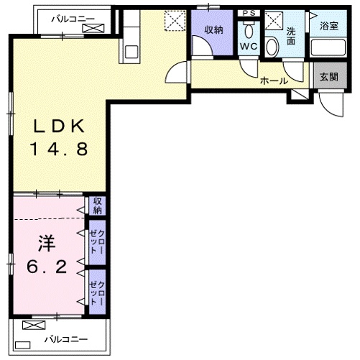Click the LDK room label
[x=59, y=126]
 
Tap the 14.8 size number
[x=59, y=149]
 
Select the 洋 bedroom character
[x=47, y=244]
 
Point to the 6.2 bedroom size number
[x=47, y=267]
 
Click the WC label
[x=249, y=46]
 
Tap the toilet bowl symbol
[x=249, y=30]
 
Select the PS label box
[x=249, y=13]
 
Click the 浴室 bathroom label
[x=329, y=26]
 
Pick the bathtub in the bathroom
[x=328, y=47]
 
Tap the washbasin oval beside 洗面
[x=272, y=47]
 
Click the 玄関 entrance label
[x=329, y=77]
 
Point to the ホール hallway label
[x=274, y=81]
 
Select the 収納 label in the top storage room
[x=213, y=30]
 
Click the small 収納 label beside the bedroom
[x=98, y=206]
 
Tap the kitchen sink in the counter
[x=131, y=52]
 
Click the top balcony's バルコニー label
[x=73, y=19]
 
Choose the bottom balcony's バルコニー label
[x=66, y=339]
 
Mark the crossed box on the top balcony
[x=93, y=28]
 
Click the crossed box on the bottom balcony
[x=34, y=325]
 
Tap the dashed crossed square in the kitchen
[x=175, y=21]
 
